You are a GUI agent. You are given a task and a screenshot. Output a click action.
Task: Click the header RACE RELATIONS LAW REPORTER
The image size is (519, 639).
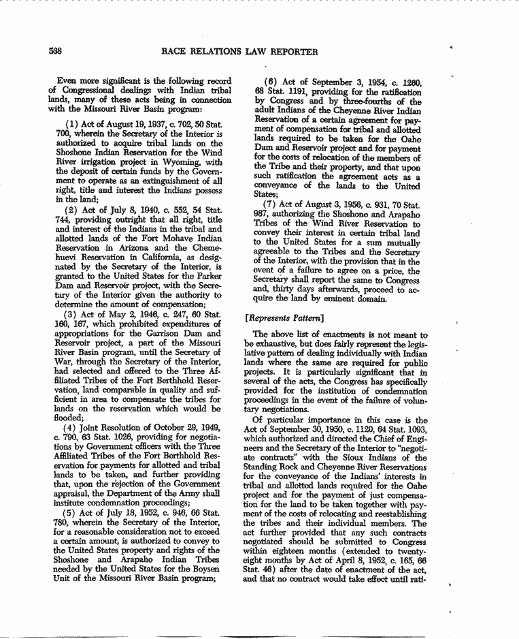pos(239,51)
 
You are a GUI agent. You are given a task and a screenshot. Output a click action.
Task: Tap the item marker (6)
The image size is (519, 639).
pos(271,82)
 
